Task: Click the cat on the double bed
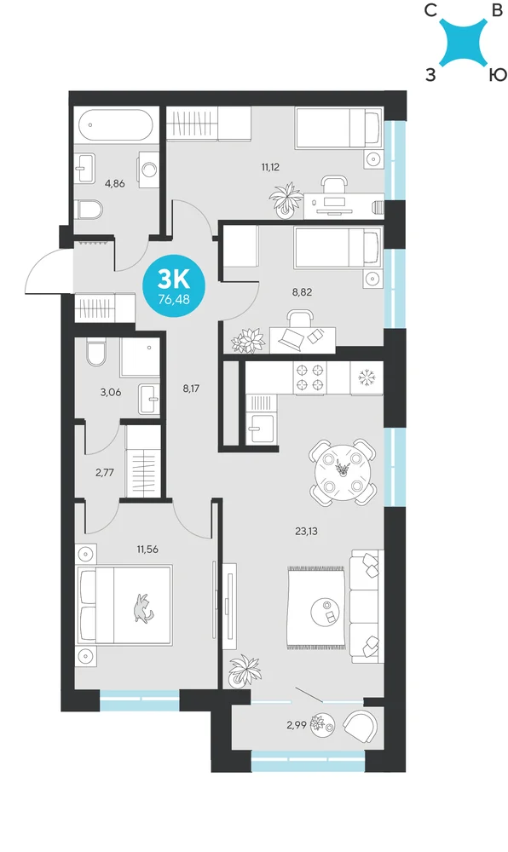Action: tap(143, 607)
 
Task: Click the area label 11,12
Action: tap(270, 167)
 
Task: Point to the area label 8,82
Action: tap(302, 291)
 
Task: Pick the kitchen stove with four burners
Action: tap(311, 378)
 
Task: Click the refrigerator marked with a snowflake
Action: tap(367, 378)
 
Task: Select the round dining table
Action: tap(343, 470)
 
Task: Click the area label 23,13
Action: tap(306, 532)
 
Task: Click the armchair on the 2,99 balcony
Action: tap(361, 726)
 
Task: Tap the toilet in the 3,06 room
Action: tap(96, 352)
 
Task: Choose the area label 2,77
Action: tap(104, 472)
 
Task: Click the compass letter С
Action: tap(430, 10)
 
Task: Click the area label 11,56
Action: tap(147, 550)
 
